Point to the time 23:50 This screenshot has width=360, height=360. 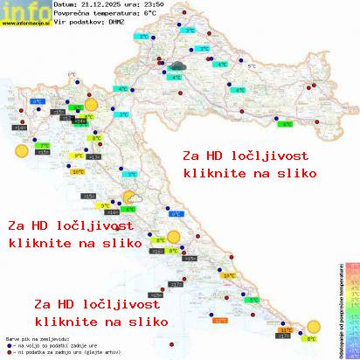(156, 5)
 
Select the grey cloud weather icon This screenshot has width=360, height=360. (177, 66)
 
